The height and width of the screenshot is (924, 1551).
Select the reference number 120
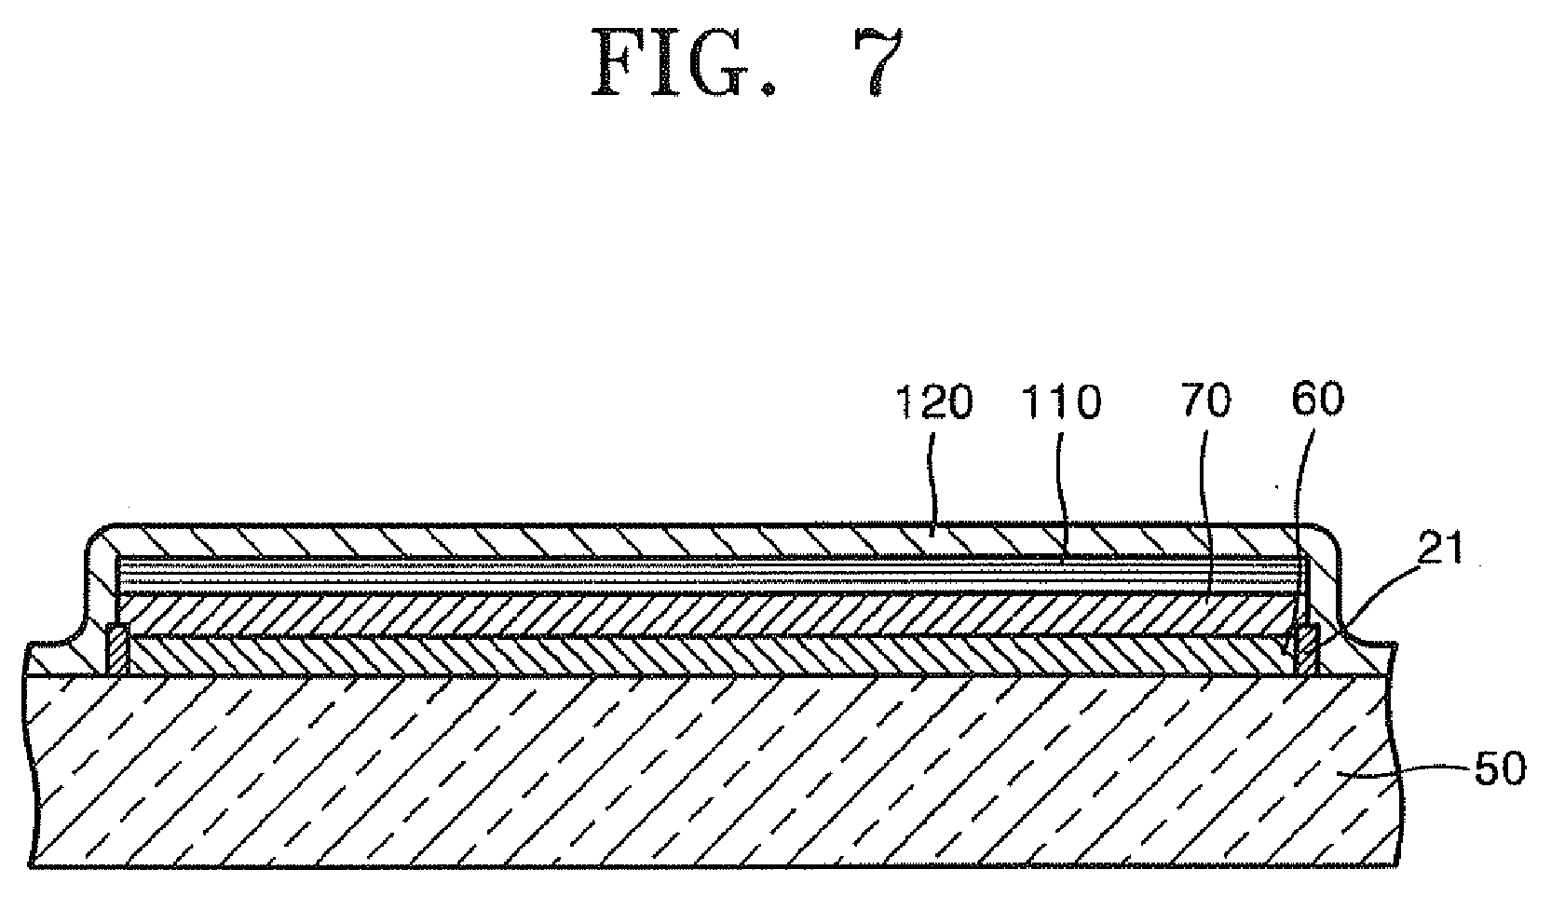[x=933, y=403]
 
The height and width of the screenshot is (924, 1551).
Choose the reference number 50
[x=1499, y=770]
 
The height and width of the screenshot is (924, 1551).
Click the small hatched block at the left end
[x=118, y=649]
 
